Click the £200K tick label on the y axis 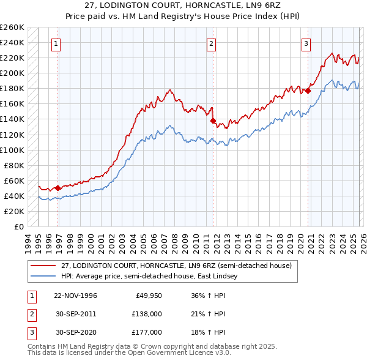(12, 73)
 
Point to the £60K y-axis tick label (14, 180)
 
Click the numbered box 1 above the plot (56, 43)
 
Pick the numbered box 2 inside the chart (210, 43)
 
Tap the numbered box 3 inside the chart (305, 43)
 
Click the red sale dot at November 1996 (57, 188)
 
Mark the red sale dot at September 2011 (213, 121)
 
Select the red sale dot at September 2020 (308, 91)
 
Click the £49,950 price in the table (147, 296)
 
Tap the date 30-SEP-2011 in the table (75, 313)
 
